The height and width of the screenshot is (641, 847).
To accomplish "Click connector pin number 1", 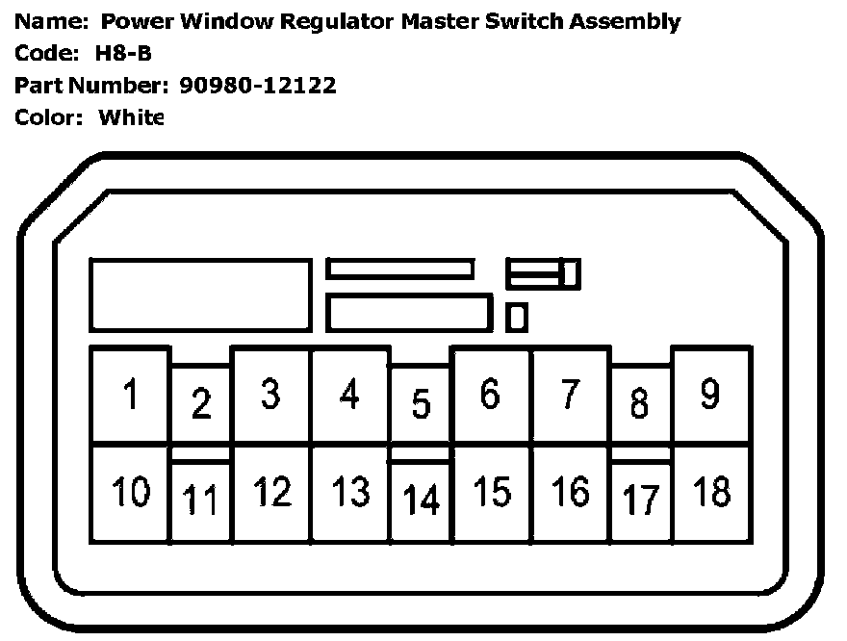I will (130, 395).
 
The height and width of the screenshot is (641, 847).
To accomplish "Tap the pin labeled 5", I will (421, 404).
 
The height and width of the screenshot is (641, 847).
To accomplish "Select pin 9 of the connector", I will (710, 395).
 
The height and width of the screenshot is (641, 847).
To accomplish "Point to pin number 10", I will (130, 493).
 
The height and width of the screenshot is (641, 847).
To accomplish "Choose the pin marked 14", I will (421, 500).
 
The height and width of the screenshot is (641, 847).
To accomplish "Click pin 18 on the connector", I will (711, 493).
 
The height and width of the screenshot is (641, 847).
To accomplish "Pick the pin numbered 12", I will (271, 493).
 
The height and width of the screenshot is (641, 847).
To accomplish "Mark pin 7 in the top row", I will (570, 395).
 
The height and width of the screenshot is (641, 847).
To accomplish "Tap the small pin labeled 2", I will (200, 404).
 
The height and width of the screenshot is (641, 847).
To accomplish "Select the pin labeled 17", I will (641, 500).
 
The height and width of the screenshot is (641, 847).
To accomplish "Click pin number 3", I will (270, 395).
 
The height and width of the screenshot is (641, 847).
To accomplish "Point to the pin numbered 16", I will (570, 493).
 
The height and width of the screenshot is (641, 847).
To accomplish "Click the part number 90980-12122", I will (258, 86).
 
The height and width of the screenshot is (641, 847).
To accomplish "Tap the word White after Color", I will (132, 117).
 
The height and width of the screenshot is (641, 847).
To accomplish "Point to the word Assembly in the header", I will (623, 21).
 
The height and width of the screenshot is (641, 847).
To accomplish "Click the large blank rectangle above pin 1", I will (200, 295).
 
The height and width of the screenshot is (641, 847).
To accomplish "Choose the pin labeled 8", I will (639, 404).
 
